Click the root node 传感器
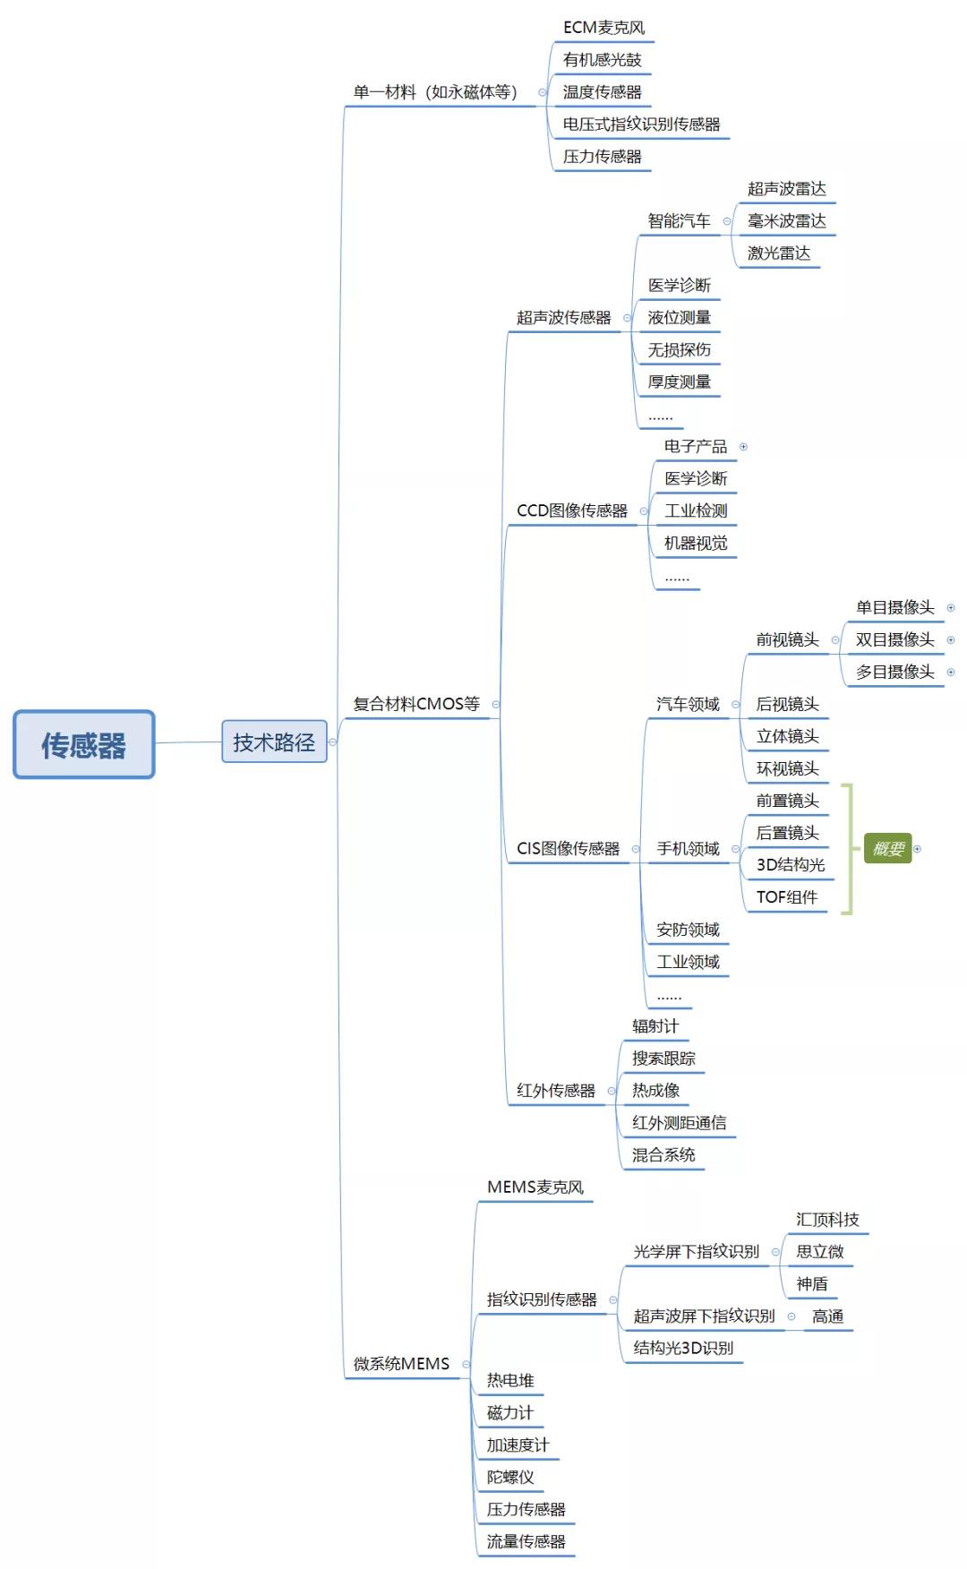(83, 744)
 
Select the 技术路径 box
(274, 742)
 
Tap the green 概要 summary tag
(887, 848)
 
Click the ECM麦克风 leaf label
(603, 28)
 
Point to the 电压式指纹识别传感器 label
(641, 124)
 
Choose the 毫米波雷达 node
(786, 221)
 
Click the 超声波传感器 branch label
(563, 318)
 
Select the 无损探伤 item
(679, 350)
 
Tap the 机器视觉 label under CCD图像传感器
(695, 544)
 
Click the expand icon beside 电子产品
(743, 447)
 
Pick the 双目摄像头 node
(894, 640)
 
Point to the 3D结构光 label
(790, 865)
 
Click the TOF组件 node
(786, 897)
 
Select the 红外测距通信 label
(679, 1123)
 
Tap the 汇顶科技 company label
(826, 1220)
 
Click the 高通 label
(827, 1316)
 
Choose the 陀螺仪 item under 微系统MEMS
(510, 1478)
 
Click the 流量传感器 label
(526, 1542)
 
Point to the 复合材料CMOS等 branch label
(416, 704)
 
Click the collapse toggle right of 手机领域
(736, 849)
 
